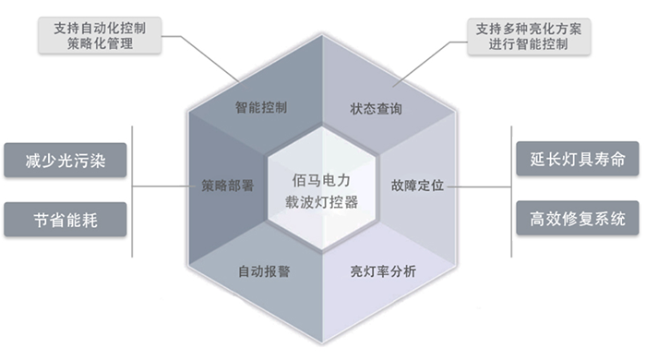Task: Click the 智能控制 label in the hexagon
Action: (261, 107)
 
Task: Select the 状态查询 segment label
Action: (377, 108)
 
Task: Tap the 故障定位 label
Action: (418, 184)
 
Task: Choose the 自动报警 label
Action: (264, 272)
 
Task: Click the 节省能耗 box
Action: (66, 220)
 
